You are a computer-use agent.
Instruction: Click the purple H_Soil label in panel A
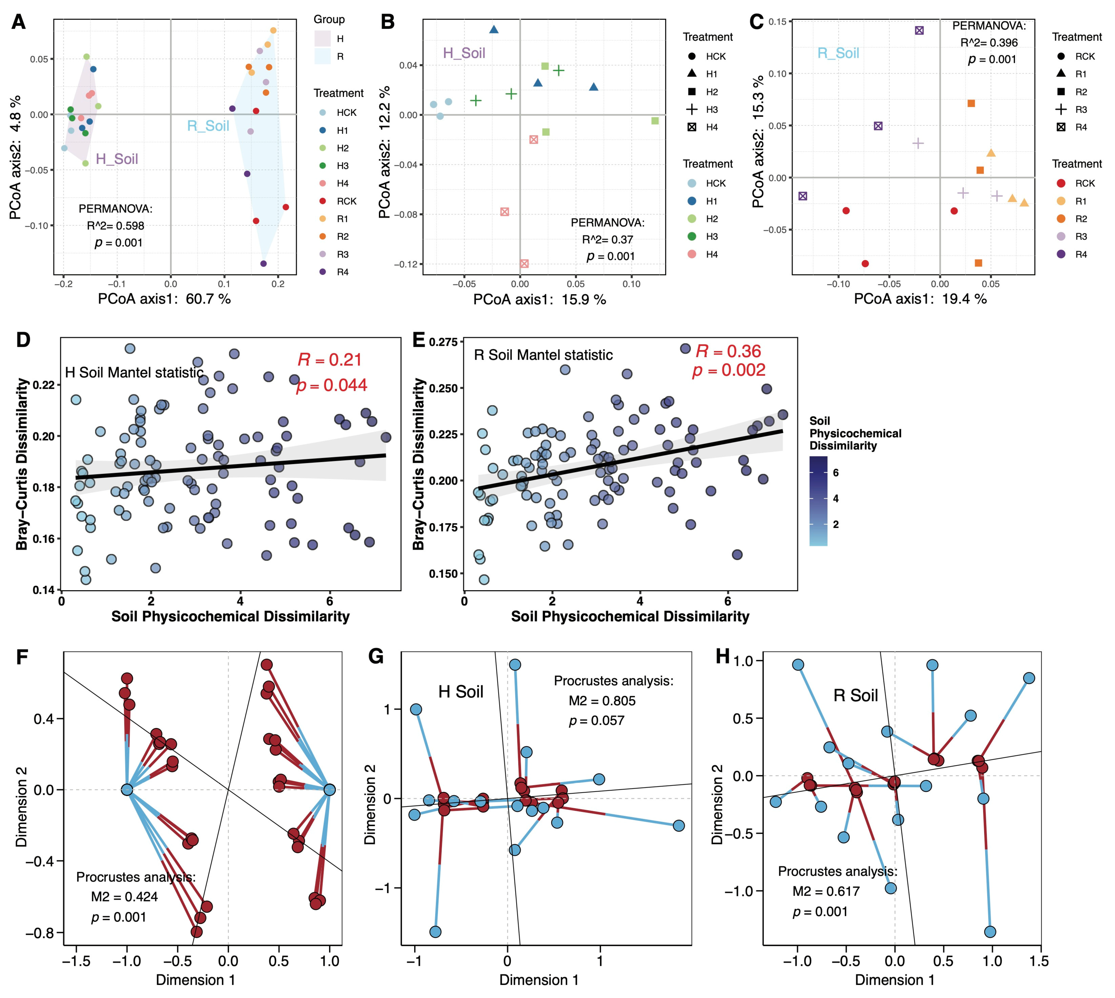click(117, 159)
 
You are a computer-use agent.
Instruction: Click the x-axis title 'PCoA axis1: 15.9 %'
click(539, 299)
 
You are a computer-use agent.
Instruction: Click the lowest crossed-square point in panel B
click(524, 264)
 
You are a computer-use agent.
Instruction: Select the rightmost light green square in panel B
click(655, 121)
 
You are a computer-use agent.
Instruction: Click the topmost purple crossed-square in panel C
click(919, 31)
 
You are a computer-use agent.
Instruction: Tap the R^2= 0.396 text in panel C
click(989, 43)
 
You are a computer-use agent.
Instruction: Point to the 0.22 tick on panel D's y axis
click(44, 385)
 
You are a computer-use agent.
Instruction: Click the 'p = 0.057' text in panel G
click(596, 720)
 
